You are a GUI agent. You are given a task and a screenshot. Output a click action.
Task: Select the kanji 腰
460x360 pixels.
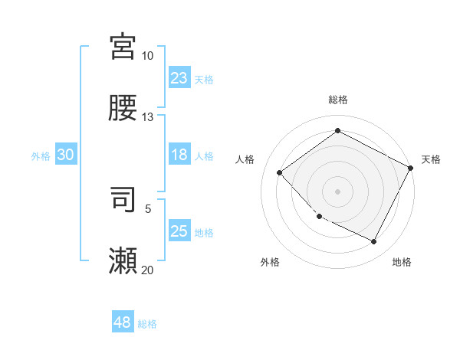coord(123,108)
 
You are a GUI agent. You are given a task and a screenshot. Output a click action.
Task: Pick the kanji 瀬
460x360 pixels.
coord(123,260)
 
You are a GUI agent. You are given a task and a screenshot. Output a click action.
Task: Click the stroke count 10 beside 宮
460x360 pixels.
coord(147,56)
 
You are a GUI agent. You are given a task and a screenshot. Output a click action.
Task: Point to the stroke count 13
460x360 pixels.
coord(147,117)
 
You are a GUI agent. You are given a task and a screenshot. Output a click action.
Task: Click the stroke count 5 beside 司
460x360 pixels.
coord(148,208)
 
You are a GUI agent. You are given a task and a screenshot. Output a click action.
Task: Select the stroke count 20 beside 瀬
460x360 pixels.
coord(147,270)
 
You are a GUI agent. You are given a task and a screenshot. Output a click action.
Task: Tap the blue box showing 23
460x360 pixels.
coord(179,78)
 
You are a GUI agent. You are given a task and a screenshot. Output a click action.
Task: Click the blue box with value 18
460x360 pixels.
coord(179,155)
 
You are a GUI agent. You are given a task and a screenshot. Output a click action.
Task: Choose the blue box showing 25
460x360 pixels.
coord(179,231)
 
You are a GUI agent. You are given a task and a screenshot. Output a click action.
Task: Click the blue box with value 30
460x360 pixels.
coord(66,155)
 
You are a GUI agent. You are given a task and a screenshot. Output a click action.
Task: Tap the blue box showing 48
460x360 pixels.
coord(123,322)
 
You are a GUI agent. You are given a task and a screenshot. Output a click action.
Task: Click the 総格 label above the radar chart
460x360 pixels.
coord(337,100)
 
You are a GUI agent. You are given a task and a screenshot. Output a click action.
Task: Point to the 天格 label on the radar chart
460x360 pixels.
coord(431,159)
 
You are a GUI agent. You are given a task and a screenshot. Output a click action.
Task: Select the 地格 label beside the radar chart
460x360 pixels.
coord(402,262)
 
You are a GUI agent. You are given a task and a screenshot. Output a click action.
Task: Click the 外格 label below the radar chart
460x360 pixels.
coord(270,262)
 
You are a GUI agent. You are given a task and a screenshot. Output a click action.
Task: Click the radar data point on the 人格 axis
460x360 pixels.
coord(280,172)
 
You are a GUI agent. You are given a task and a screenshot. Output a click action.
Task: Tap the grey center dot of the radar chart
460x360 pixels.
coord(337,191)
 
